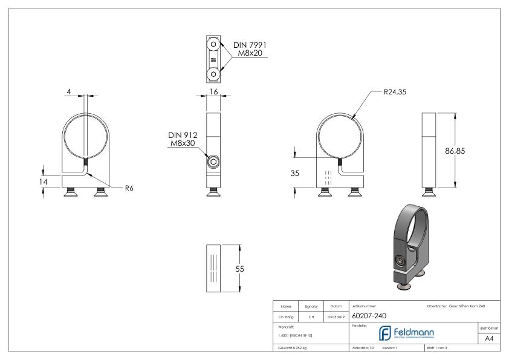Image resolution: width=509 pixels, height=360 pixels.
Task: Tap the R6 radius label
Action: click(x=129, y=188)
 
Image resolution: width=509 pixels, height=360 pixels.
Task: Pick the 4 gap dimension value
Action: click(x=69, y=91)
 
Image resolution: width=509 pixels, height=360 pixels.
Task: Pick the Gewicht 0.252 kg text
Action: click(x=293, y=349)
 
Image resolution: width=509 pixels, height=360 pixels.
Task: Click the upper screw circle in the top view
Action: click(x=213, y=46)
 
